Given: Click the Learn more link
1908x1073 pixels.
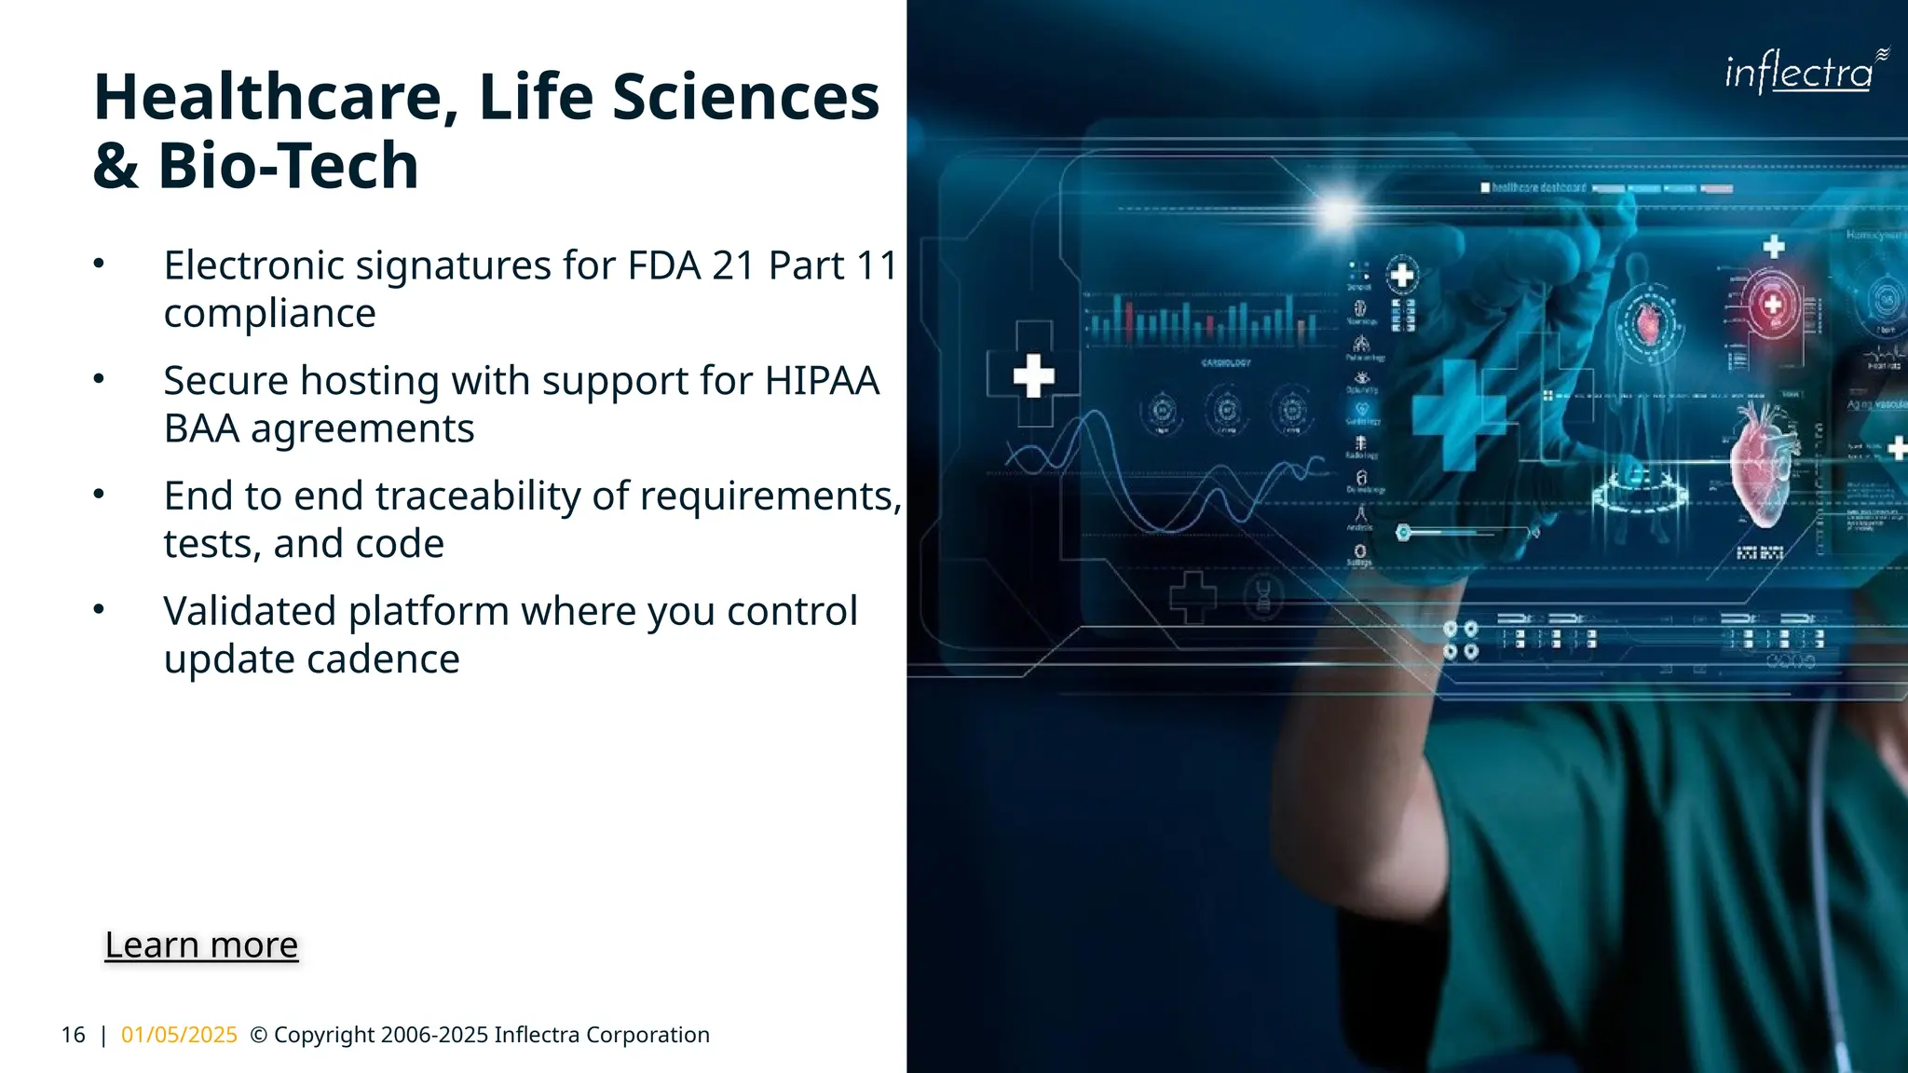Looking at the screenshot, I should coord(201,944).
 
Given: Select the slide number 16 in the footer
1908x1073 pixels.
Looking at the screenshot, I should coord(73,1035).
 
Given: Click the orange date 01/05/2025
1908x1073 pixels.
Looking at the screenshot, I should coord(179,1035).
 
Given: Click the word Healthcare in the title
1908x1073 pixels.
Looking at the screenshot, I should coord(276,97).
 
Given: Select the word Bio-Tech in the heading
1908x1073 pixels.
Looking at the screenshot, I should coord(288,166).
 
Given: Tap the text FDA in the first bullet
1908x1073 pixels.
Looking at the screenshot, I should coord(663,265).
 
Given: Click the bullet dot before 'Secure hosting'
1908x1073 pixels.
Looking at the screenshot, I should coord(99,379).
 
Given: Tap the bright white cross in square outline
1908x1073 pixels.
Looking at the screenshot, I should coord(1033,375).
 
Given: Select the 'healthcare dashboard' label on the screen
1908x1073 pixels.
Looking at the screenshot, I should coord(1537,188).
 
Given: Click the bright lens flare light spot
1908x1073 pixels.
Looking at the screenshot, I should coord(1338,212).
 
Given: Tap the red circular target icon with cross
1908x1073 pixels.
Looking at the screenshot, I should coord(1772,305).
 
